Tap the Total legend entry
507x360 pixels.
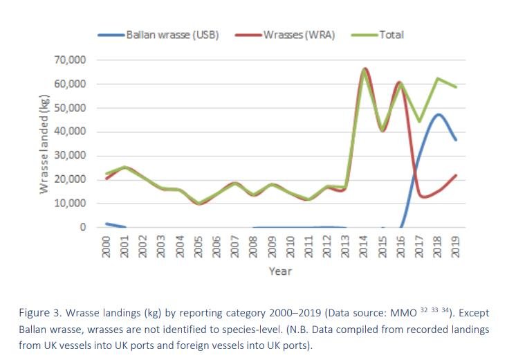(391, 35)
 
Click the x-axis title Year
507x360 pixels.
(281, 271)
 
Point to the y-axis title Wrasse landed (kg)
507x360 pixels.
(44, 145)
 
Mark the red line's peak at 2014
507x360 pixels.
(365, 69)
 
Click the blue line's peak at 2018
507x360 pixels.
(438, 114)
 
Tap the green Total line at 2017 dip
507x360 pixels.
(419, 121)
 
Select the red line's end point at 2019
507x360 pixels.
(456, 175)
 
